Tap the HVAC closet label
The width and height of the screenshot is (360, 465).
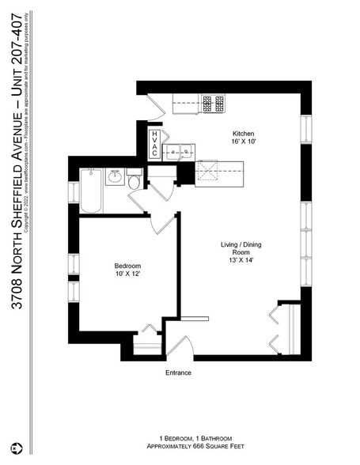[154, 146]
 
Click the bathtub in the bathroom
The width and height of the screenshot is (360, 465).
[91, 191]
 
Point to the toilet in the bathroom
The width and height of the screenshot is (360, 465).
[134, 181]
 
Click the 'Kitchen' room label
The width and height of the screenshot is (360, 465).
[243, 134]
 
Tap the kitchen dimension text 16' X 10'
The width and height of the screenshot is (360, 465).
[243, 143]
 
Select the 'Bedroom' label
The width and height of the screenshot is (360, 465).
[127, 266]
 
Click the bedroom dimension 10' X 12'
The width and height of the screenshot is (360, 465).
[127, 275]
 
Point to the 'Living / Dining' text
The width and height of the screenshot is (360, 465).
[241, 246]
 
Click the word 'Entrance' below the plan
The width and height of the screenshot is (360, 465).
[178, 372]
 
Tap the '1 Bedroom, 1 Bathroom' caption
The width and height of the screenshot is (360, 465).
[179, 437]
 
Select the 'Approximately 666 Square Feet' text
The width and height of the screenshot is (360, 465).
[179, 447]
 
